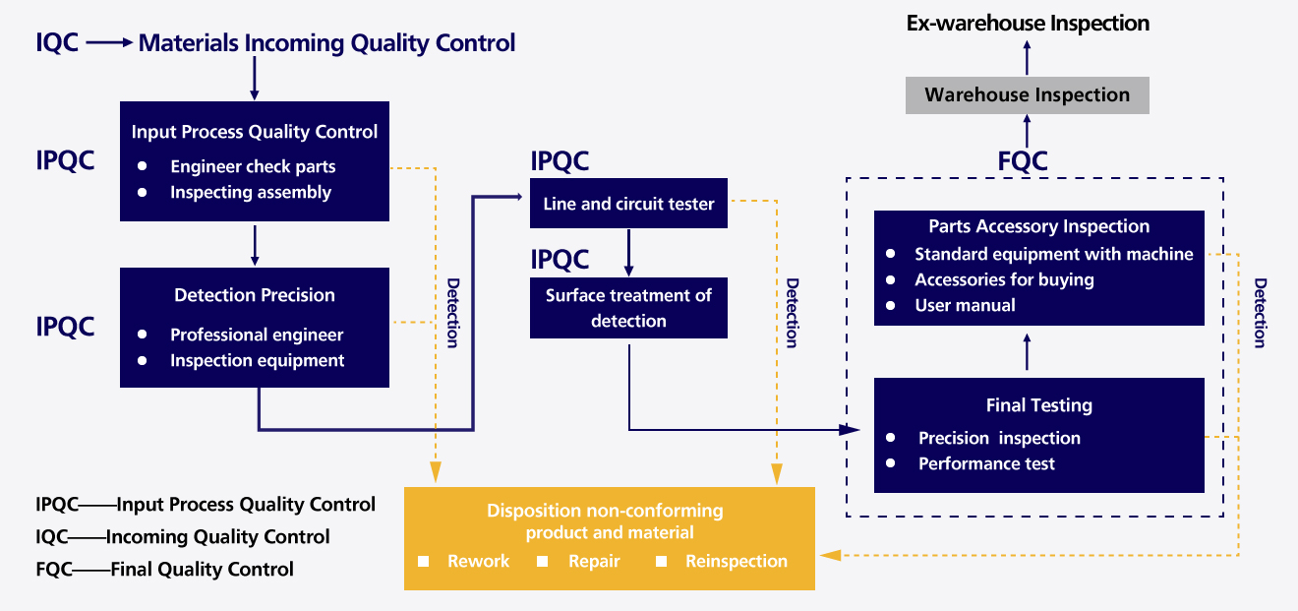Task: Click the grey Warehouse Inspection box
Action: coord(1027,95)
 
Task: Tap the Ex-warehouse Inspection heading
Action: coord(1028,23)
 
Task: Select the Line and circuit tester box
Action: coord(628,205)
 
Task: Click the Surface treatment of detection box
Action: coord(628,308)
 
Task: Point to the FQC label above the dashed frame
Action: coord(1023,161)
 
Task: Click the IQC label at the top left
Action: coord(57,43)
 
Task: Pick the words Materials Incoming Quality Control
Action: coord(326,43)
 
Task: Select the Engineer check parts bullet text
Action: coord(253,167)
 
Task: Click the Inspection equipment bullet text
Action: coord(257,361)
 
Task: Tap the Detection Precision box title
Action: coord(255,295)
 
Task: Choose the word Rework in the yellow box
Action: coord(478,562)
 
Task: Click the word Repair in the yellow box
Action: coord(594,562)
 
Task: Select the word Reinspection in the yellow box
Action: coord(737,562)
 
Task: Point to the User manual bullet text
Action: coord(965,305)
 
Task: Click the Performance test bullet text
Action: coord(986,463)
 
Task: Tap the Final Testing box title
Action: coord(1039,405)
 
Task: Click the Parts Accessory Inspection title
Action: coord(1039,226)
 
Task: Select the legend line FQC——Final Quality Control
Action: coord(165,569)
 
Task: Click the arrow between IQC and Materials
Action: coord(108,43)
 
